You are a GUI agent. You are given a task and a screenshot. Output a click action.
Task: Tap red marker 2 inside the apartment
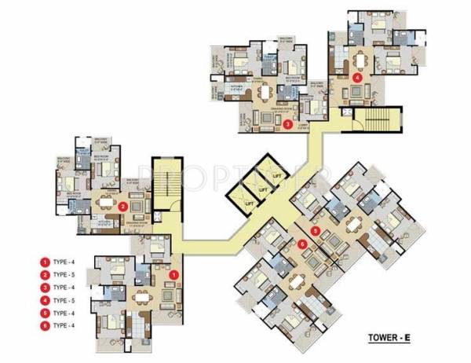click(x=124, y=207)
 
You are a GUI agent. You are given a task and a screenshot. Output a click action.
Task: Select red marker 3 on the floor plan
click(x=289, y=124)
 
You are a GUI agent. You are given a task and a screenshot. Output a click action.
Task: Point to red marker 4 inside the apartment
click(x=358, y=78)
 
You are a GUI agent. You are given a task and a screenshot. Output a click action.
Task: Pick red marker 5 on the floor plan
click(x=315, y=231)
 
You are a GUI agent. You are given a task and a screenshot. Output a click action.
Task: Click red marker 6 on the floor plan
click(x=303, y=244)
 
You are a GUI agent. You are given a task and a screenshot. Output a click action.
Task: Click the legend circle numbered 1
click(x=46, y=261)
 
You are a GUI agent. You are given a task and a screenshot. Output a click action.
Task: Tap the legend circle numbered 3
click(x=46, y=288)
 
